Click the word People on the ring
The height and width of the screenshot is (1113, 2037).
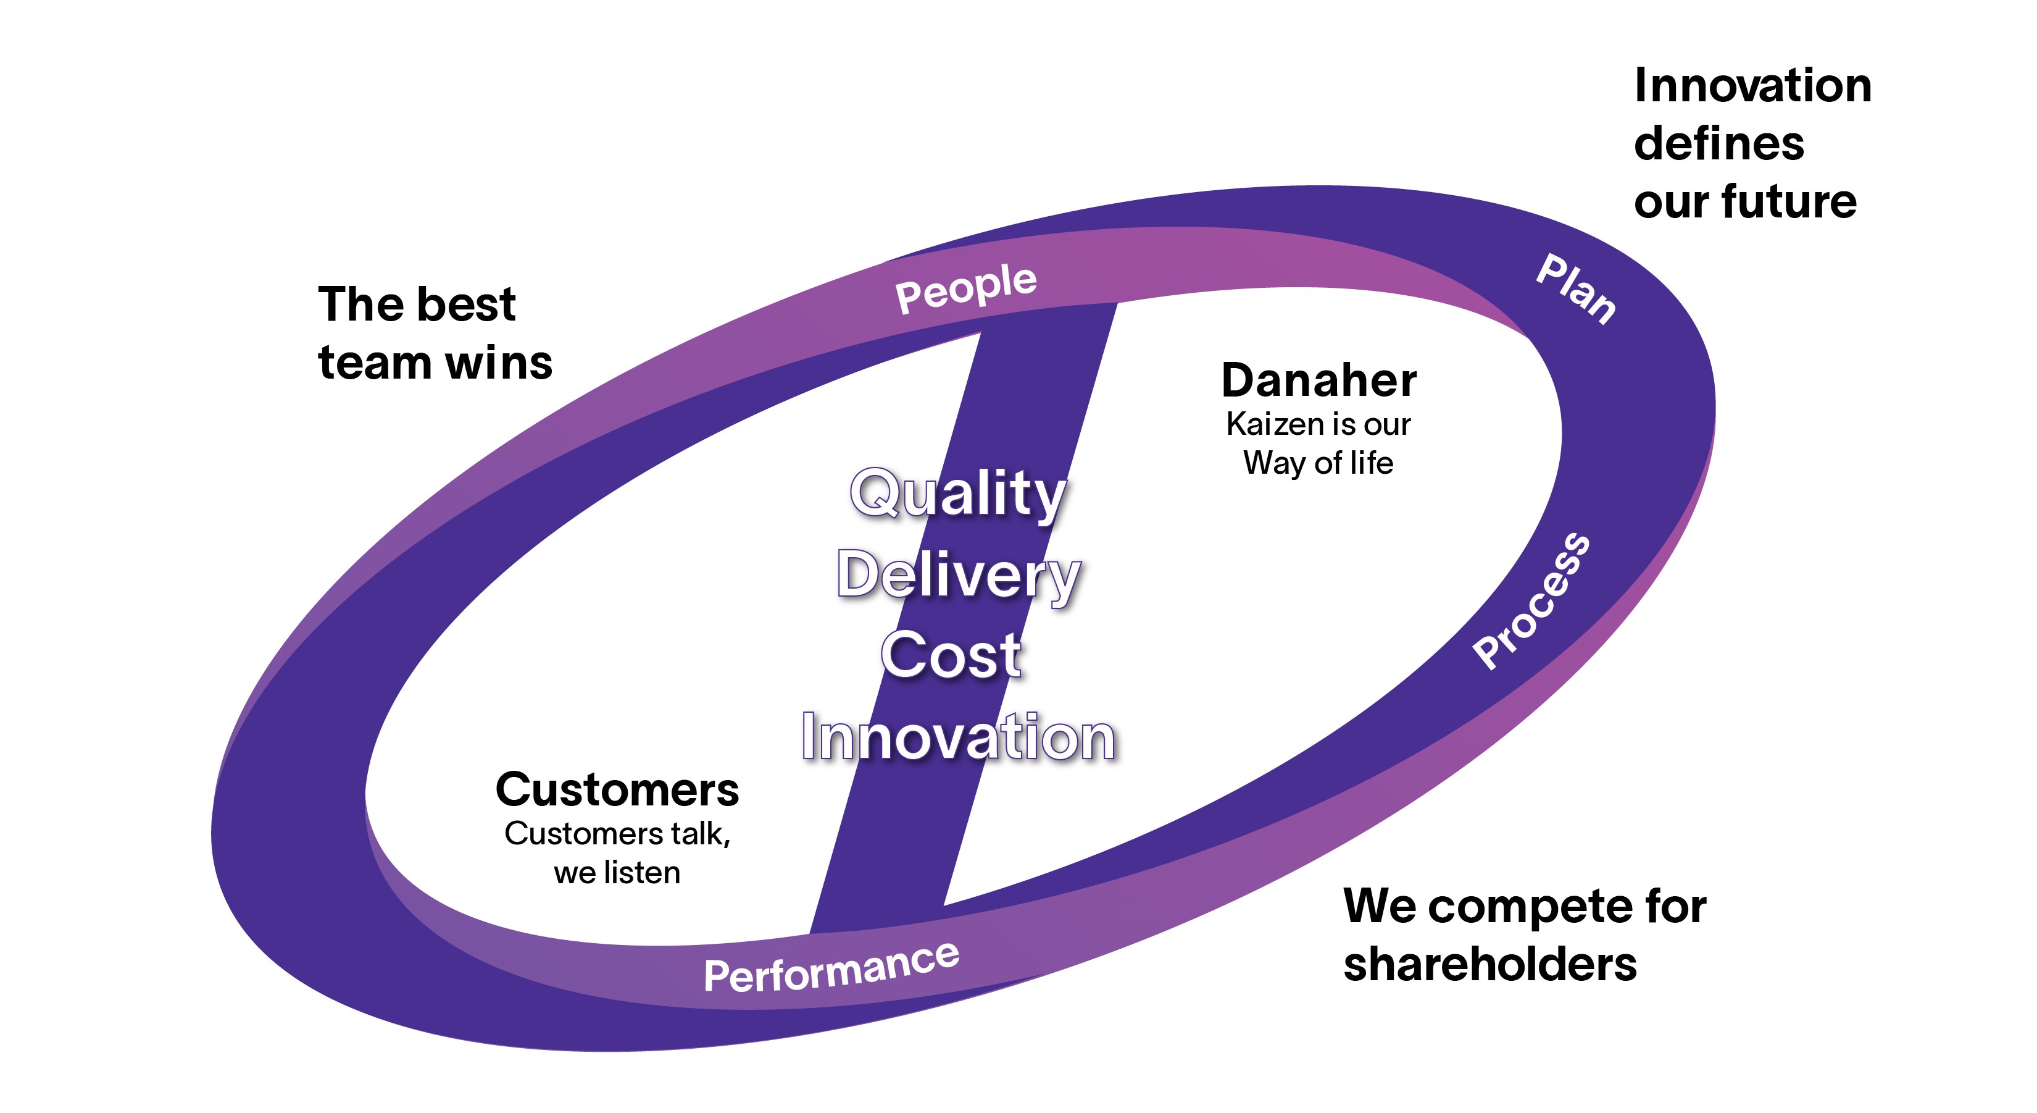965,288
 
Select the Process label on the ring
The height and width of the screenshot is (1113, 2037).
1531,601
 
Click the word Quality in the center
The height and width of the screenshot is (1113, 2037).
959,493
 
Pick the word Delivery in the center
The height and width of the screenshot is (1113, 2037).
959,575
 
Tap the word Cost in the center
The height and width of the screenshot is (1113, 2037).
951,656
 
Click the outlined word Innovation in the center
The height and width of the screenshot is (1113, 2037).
959,737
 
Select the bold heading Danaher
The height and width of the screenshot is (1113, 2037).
1319,380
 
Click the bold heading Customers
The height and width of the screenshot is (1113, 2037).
618,789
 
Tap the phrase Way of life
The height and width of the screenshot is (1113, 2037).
1318,464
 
